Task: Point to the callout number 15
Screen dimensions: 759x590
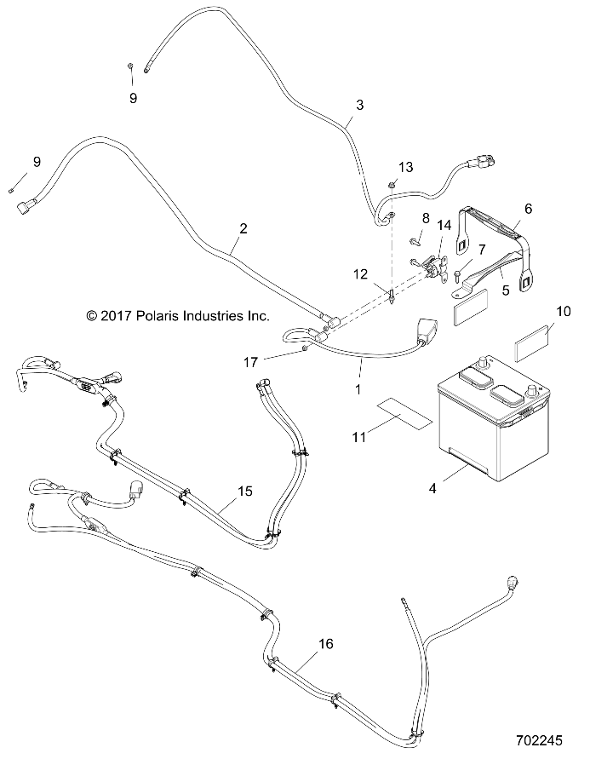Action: click(245, 492)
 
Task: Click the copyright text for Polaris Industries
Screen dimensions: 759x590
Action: click(178, 316)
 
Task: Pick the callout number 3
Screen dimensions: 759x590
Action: click(359, 105)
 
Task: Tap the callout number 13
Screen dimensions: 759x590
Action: click(404, 165)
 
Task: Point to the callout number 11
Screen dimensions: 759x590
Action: click(359, 436)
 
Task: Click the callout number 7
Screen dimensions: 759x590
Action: click(482, 249)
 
